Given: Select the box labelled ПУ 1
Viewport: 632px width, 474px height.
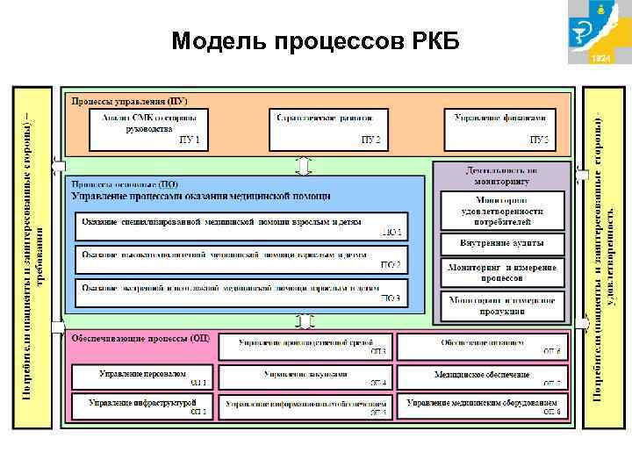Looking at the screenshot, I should tap(149, 128).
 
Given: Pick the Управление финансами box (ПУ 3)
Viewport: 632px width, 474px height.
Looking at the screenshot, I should tap(501, 128).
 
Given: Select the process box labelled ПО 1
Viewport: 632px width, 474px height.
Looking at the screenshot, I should tap(241, 226).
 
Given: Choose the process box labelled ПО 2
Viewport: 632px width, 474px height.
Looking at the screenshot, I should tap(241, 258).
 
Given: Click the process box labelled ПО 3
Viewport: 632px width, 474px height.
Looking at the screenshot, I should tap(241, 291).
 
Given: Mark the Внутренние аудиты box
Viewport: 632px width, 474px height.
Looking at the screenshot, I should tap(501, 242).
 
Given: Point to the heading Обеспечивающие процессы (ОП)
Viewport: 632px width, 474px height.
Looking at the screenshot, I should tap(140, 338).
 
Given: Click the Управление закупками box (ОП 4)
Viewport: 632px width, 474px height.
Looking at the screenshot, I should tap(304, 377).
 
